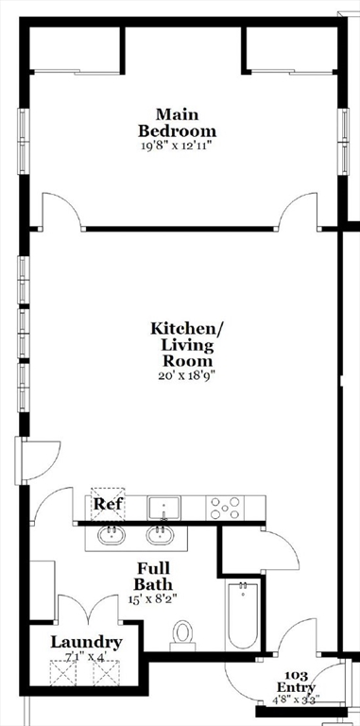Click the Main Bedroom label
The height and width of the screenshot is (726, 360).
(x=177, y=123)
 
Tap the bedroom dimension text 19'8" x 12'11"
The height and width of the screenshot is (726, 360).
(x=177, y=147)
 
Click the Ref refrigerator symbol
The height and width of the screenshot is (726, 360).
(x=107, y=504)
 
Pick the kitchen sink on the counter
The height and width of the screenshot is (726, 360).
(x=163, y=507)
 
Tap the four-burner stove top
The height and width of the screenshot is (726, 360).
(x=226, y=508)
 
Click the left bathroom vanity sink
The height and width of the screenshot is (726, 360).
(x=111, y=537)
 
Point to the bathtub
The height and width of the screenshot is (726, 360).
(x=243, y=615)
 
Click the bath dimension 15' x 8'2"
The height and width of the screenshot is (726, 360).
(x=153, y=598)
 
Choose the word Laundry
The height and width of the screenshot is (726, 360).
(x=86, y=643)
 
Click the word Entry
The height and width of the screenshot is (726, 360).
(x=296, y=687)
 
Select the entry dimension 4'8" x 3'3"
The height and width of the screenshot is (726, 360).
(x=296, y=700)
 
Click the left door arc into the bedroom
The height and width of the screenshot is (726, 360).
(x=62, y=212)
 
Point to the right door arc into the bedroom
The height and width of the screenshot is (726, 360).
(x=300, y=212)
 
